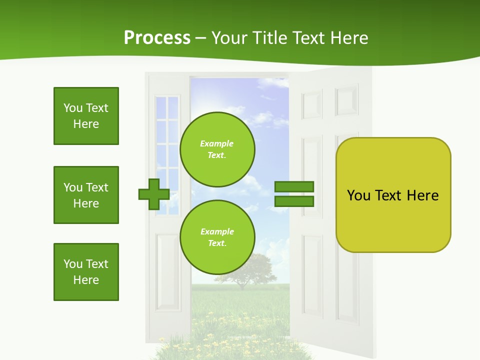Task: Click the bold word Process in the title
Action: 157,38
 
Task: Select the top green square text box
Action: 86,116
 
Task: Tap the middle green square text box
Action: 86,195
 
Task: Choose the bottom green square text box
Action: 86,272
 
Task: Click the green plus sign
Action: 154,194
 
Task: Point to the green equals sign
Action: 294,194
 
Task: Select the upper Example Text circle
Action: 217,149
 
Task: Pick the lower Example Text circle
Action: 217,237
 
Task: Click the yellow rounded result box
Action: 393,195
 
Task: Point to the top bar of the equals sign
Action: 294,187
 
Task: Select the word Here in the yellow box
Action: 422,195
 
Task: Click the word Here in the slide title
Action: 348,38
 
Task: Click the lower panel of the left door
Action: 166,270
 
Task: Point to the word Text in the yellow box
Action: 388,195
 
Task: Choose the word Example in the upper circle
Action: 217,143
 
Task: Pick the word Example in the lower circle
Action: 217,231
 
